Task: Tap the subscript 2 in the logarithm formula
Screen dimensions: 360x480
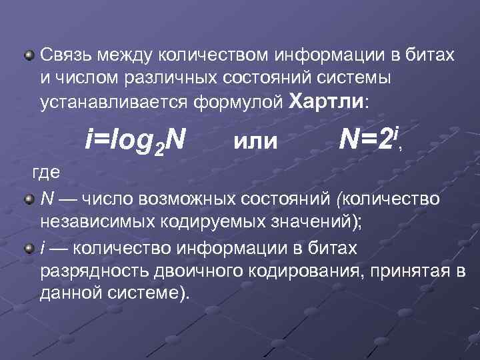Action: pyautogui.click(x=158, y=148)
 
